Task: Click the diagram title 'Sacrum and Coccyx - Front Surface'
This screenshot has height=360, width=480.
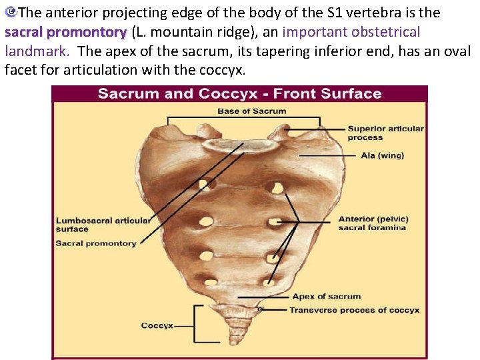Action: pyautogui.click(x=239, y=93)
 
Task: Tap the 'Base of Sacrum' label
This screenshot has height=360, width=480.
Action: pyautogui.click(x=251, y=111)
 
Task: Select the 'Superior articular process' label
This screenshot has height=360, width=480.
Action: pyautogui.click(x=385, y=133)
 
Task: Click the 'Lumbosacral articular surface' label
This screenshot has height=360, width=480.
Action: pyautogui.click(x=103, y=225)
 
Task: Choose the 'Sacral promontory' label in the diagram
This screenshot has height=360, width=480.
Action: pyautogui.click(x=96, y=243)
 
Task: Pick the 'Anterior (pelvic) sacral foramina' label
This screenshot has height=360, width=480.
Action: pyautogui.click(x=373, y=223)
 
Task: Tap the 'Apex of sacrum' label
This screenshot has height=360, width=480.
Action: pyautogui.click(x=326, y=297)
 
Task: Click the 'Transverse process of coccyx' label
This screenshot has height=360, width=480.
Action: pyautogui.click(x=354, y=310)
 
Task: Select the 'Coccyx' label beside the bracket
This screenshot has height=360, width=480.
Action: pyautogui.click(x=157, y=326)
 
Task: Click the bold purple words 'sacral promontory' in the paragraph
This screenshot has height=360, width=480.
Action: pyautogui.click(x=65, y=32)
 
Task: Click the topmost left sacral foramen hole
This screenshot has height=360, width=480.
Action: pyautogui.click(x=208, y=184)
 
